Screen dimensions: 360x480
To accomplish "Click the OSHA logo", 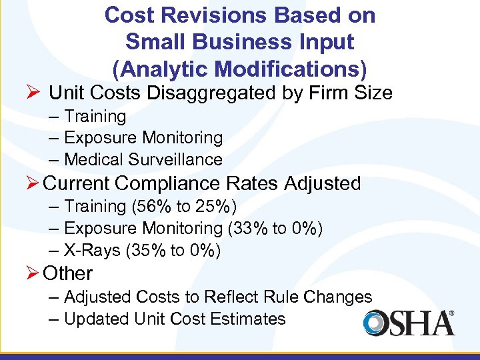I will [x=409, y=323].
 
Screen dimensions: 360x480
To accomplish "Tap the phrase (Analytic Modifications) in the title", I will [x=240, y=68].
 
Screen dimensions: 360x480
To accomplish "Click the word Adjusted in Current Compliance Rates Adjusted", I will [x=324, y=183].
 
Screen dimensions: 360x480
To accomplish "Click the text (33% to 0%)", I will [x=275, y=229].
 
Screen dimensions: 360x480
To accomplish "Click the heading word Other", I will [x=67, y=273].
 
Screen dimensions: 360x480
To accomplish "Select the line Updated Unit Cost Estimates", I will [x=175, y=319].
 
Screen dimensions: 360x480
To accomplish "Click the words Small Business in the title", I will [x=199, y=41].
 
